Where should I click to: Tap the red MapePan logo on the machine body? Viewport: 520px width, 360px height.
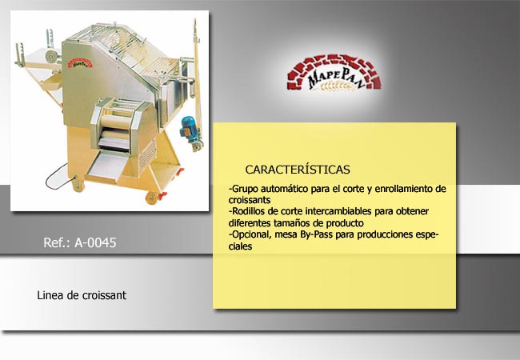[x=80, y=63]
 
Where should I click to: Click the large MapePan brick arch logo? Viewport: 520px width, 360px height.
[x=334, y=73]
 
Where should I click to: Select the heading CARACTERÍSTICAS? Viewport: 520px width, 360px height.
[x=298, y=170]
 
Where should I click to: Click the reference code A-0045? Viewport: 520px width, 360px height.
[x=95, y=242]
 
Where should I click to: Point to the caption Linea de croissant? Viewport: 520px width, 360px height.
[x=82, y=295]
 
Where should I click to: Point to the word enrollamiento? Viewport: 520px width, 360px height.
[x=404, y=189]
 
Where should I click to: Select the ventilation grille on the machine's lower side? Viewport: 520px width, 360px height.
[x=147, y=156]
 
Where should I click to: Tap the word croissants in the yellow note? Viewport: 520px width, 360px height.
[x=250, y=200]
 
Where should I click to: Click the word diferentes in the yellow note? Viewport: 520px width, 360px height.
[x=250, y=222]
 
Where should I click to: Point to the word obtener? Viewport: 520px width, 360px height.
[x=412, y=211]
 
